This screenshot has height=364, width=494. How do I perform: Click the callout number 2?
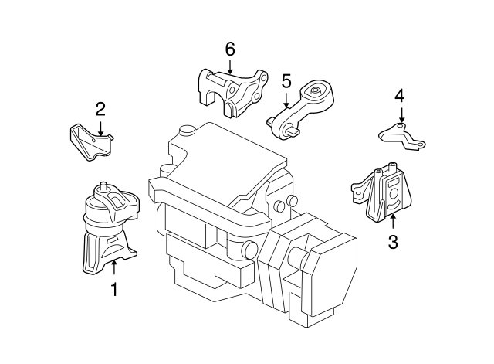coord(100,109)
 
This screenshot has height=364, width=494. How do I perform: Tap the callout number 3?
coord(392,243)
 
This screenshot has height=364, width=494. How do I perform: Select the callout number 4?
coord(399,96)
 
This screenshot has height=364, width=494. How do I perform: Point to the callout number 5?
coord(286,80)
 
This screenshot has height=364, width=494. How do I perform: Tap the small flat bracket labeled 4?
coord(401,137)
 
